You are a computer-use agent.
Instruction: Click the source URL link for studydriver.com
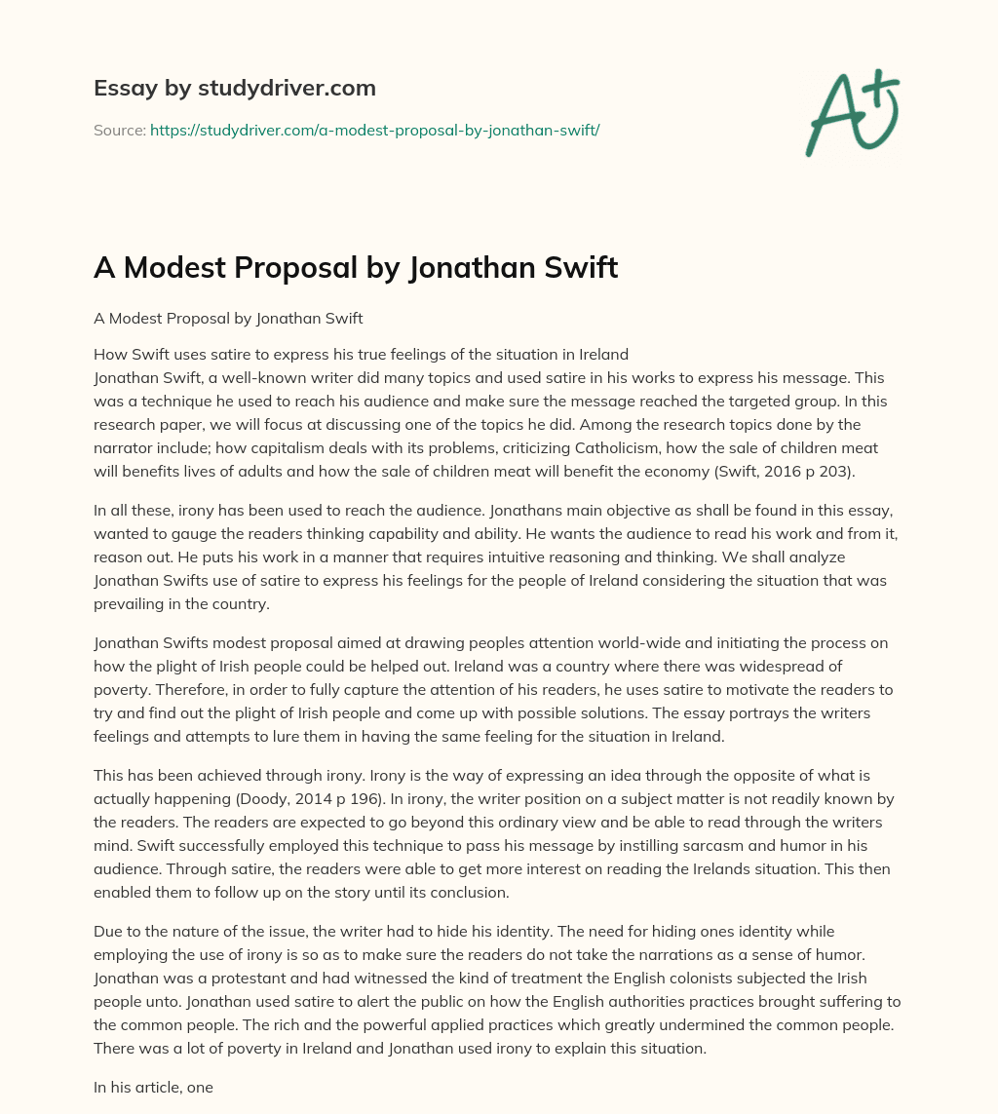(x=374, y=130)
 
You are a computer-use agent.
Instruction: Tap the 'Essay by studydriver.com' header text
(x=235, y=88)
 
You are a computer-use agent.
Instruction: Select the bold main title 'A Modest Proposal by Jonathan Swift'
(x=356, y=268)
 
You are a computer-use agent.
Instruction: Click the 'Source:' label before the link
(x=120, y=130)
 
